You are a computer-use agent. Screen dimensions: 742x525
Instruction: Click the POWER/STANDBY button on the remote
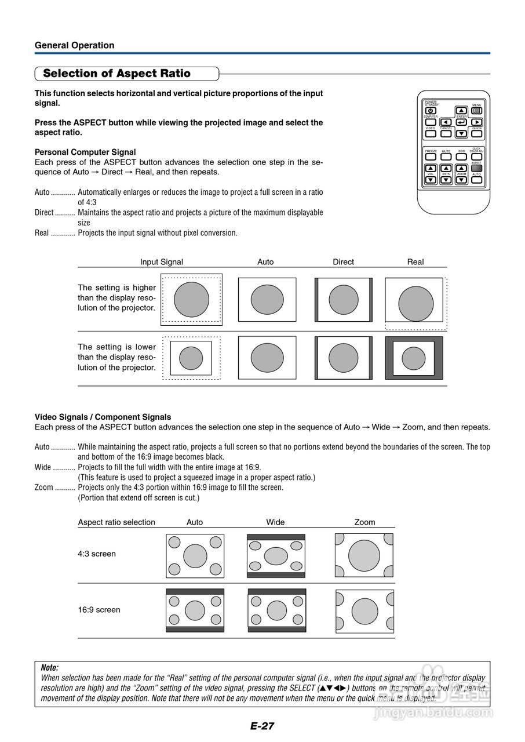click(x=431, y=111)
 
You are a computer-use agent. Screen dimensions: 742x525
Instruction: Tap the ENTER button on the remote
click(x=461, y=122)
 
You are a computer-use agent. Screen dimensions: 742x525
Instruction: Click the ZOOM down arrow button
click(x=461, y=180)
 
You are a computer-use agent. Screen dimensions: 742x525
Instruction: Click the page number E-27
click(x=262, y=726)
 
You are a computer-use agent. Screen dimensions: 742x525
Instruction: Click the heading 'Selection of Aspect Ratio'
click(x=116, y=74)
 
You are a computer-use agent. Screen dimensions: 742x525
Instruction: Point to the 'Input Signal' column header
click(x=161, y=262)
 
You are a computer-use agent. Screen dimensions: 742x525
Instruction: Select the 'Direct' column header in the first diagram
click(x=343, y=262)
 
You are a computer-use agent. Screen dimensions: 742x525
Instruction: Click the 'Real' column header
click(x=415, y=262)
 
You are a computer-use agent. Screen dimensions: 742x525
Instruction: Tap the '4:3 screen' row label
click(x=97, y=554)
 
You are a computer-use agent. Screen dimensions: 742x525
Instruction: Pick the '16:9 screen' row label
click(x=99, y=610)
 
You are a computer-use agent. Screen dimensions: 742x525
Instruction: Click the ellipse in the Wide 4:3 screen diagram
click(x=276, y=556)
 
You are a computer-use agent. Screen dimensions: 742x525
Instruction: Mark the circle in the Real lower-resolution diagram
click(x=414, y=358)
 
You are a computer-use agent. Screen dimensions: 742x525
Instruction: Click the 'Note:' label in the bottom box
click(x=50, y=668)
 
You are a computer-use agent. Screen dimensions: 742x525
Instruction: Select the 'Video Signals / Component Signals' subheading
click(x=103, y=417)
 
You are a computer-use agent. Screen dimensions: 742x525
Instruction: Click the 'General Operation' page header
click(x=74, y=45)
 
